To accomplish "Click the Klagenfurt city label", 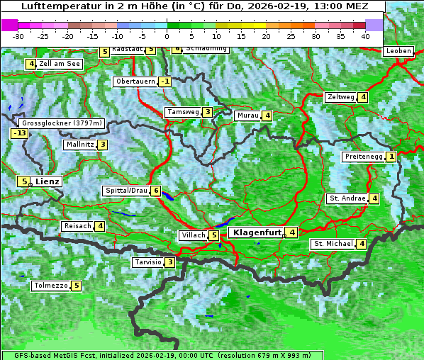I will (x=255, y=232).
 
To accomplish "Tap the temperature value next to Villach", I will (x=214, y=235).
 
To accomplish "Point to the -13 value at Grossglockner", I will (x=19, y=133).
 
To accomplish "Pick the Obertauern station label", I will (x=135, y=81).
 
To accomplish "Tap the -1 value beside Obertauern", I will (x=165, y=81).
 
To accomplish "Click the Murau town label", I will (x=247, y=116).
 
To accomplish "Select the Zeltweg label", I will (x=340, y=97).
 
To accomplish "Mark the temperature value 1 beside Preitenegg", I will (x=391, y=157).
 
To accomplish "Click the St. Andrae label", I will (x=347, y=198).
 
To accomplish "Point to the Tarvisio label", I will (x=147, y=262).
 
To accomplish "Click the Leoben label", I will (x=398, y=51).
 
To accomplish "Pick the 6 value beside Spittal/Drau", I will (x=156, y=191).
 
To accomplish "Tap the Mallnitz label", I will (x=79, y=145).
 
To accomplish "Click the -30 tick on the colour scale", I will (x=18, y=36).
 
